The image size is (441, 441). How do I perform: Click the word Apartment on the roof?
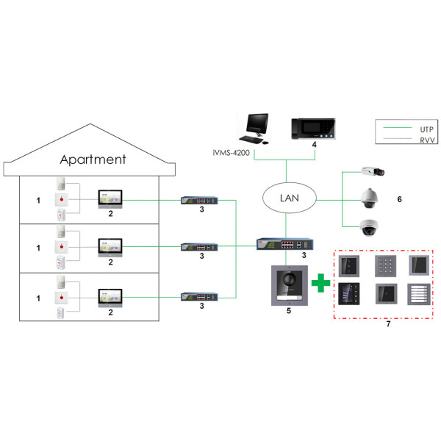coord(93,159)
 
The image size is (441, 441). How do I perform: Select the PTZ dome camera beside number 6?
coord(370,197)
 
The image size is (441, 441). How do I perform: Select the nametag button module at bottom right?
coord(419,295)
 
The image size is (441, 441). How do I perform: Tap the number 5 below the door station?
coord(288,312)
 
